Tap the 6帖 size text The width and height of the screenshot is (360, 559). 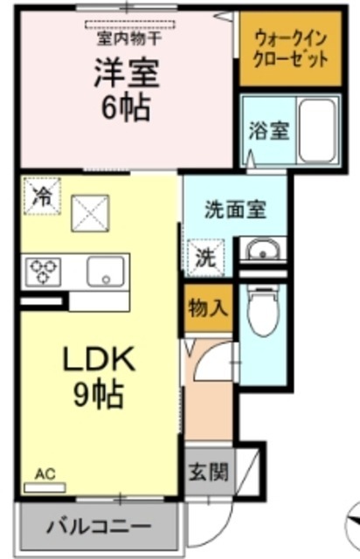coord(127,108)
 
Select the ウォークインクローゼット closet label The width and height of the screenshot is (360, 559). coord(290,50)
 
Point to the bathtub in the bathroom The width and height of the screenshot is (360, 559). coord(317,129)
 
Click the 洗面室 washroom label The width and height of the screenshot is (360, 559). coord(235,210)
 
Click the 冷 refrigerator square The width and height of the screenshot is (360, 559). coord(41,195)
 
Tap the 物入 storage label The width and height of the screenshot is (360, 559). coord(208,308)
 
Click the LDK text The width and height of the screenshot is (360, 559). coord(97,360)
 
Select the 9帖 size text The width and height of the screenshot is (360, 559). coord(97,395)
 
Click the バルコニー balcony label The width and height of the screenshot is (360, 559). coord(99,527)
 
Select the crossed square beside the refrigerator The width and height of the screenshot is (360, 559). coord(88,212)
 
